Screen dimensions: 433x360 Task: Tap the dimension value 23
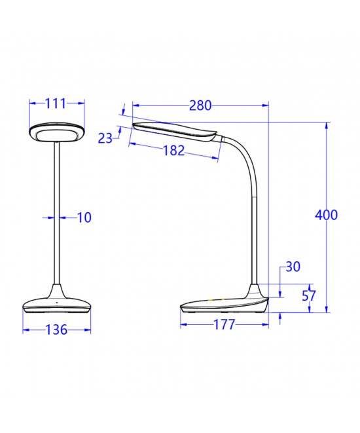click(105, 138)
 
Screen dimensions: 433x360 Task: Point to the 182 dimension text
click(173, 150)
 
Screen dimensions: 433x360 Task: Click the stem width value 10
click(84, 217)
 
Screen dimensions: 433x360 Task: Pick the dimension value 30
click(293, 267)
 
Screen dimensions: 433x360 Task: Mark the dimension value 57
click(309, 295)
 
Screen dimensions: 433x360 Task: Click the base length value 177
click(223, 325)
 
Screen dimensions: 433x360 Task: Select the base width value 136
click(57, 331)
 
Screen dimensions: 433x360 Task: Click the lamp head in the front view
click(57, 131)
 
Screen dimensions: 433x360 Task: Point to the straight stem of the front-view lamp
click(57, 216)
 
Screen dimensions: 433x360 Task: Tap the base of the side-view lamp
click(226, 305)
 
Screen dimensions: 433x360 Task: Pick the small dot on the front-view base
click(57, 303)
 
